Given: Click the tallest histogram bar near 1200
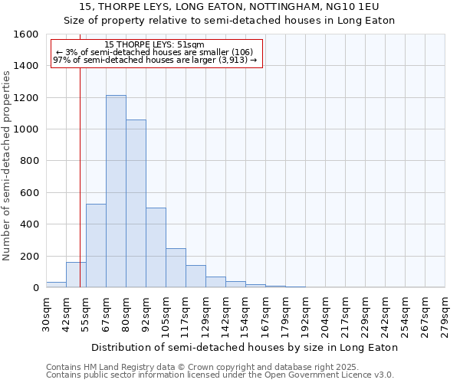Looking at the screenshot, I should pyautogui.click(x=116, y=191).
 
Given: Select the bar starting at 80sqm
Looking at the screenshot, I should pyautogui.click(x=136, y=204).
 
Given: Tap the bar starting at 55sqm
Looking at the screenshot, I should pyautogui.click(x=96, y=246).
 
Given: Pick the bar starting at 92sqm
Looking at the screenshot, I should pyautogui.click(x=156, y=247).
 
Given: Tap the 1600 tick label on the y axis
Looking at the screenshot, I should pyautogui.click(x=26, y=34).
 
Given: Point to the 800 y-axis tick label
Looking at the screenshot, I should pyautogui.click(x=29, y=161).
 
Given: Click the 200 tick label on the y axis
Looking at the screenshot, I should pyautogui.click(x=29, y=256).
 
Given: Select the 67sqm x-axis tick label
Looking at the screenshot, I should pyautogui.click(x=107, y=313).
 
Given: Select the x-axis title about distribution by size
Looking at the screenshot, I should pyautogui.click(x=245, y=347).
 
